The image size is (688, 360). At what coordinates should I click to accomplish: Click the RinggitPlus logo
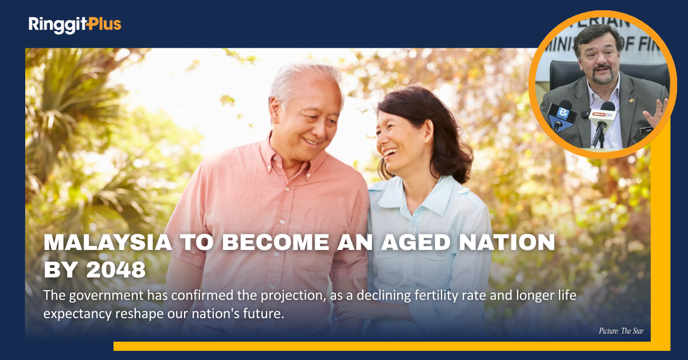(x=75, y=25)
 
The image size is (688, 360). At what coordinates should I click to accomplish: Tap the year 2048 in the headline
(x=116, y=270)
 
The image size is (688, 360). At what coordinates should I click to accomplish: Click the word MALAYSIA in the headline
(x=108, y=242)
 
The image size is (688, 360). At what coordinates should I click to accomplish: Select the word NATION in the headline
(x=507, y=242)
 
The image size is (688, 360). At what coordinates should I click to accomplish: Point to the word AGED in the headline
(x=416, y=242)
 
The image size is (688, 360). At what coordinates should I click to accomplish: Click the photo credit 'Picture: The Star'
(x=621, y=331)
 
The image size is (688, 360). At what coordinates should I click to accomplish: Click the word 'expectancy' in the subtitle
(x=77, y=314)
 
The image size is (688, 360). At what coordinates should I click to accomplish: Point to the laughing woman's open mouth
(x=390, y=152)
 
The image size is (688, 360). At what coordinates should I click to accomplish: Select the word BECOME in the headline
(x=276, y=242)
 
